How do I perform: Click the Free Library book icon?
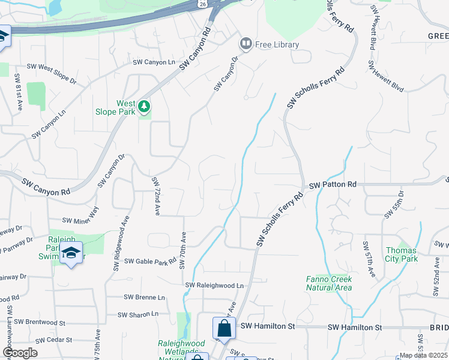246,43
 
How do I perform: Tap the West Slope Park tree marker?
144,106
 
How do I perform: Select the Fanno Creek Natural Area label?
328,283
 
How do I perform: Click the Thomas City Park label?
401,254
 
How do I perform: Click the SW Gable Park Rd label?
150,261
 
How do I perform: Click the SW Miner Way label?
80,220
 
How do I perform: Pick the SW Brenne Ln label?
144,297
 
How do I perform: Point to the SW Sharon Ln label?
137,314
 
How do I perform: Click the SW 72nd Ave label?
155,196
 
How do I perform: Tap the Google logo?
20,353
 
